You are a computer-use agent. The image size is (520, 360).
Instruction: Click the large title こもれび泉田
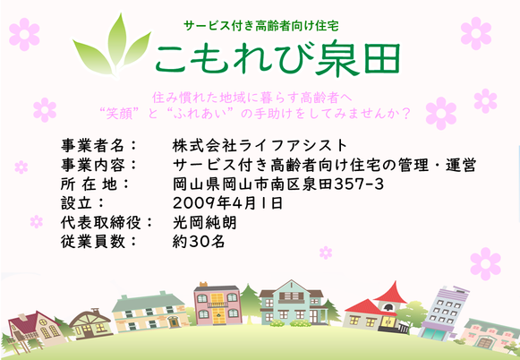277,58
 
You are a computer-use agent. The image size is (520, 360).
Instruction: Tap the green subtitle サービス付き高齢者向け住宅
261,26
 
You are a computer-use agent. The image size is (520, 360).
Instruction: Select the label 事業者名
93,145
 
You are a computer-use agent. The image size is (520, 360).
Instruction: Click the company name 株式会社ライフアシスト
260,145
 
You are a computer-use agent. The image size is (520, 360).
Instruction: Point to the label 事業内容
93,165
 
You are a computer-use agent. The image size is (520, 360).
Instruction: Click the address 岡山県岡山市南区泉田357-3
278,184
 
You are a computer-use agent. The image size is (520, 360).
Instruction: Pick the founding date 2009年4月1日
227,203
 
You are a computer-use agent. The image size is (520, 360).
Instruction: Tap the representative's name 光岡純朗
205,222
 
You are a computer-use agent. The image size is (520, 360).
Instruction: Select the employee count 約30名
199,241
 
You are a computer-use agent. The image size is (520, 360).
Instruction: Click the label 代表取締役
101,222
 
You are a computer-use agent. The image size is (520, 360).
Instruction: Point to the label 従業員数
93,241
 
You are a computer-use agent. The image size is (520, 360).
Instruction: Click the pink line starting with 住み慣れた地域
252,98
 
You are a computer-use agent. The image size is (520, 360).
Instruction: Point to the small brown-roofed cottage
90,324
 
